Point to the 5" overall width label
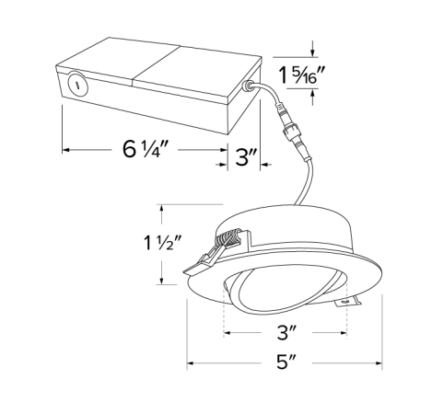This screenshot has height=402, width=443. [285, 361]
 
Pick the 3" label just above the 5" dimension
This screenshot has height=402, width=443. [285, 329]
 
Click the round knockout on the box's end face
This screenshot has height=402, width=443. [77, 86]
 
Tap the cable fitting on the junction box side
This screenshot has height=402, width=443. [248, 87]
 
